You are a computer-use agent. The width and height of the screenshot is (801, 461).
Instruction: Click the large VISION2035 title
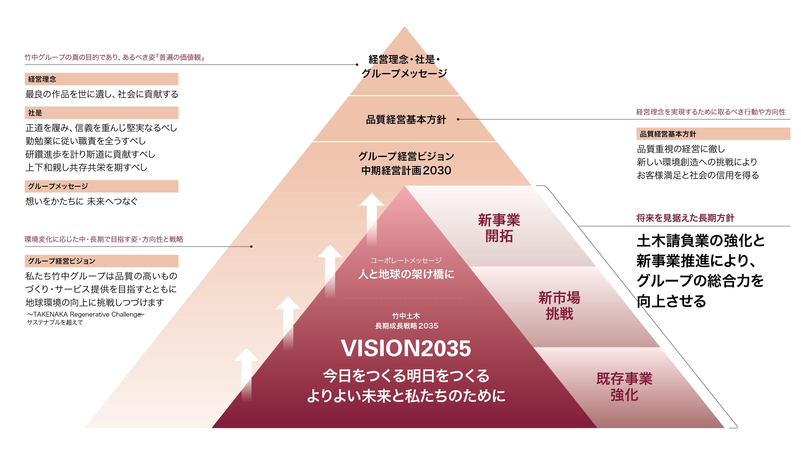point(406,348)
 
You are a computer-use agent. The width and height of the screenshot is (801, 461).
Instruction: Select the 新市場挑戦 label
point(559,305)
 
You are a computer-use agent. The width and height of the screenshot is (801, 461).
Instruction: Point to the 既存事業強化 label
point(624,387)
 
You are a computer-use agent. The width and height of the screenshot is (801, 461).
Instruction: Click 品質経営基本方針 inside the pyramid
point(406,119)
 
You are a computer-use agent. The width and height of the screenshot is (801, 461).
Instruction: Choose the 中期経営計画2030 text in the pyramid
point(406,170)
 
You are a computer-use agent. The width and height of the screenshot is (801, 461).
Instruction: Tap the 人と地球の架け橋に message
point(406,274)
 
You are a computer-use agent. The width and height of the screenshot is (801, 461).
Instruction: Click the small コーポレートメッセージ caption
point(406,260)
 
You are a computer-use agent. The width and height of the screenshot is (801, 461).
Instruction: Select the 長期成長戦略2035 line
point(406,326)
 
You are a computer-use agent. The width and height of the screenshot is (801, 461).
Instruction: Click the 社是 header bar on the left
point(101,113)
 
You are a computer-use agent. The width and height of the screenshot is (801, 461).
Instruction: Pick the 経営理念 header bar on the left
point(101,79)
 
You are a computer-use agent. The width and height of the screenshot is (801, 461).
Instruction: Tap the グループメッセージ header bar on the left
point(101,186)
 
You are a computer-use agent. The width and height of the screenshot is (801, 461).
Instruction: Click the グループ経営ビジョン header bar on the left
point(101,261)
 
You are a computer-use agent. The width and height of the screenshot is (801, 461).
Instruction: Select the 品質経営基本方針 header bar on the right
point(713,134)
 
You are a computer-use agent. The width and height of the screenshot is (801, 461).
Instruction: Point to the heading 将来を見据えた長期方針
point(685,218)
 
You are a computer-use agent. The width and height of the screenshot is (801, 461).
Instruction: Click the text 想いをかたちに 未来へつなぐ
point(81,201)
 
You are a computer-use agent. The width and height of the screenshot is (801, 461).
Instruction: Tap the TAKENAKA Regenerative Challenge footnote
point(85,314)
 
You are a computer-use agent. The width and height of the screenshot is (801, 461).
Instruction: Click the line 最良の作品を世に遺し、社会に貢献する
point(102,94)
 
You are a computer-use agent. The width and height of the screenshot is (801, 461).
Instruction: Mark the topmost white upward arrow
point(372,218)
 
